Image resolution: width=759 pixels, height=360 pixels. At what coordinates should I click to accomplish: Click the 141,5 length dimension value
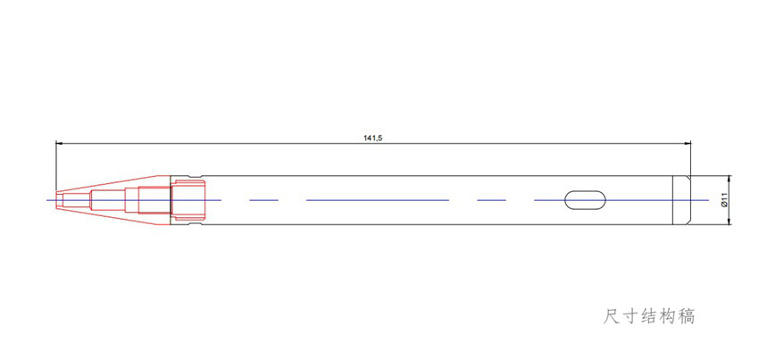pyautogui.click(x=373, y=138)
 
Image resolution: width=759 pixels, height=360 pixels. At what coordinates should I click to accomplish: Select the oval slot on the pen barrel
pyautogui.click(x=585, y=200)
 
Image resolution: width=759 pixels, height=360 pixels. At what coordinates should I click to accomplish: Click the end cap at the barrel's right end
pyautogui.click(x=682, y=200)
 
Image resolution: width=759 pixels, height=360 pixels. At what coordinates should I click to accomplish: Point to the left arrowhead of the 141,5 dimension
pyautogui.click(x=59, y=143)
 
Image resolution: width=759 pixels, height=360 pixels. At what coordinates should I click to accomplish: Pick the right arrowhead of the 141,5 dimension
pyautogui.click(x=688, y=143)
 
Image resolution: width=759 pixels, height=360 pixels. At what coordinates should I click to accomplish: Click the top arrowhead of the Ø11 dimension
pyautogui.click(x=730, y=179)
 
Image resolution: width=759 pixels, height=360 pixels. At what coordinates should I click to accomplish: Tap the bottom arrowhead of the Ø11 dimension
pyautogui.click(x=730, y=222)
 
